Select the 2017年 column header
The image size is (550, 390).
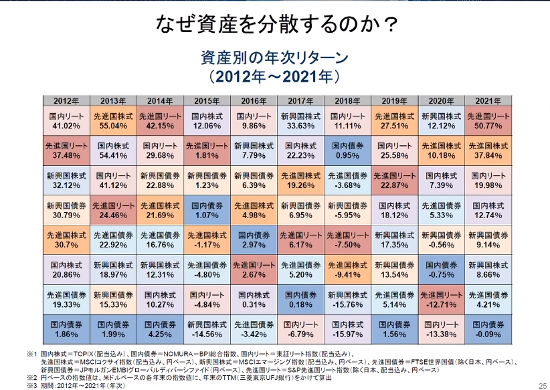[x=301, y=101]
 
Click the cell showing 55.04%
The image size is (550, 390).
[x=113, y=121]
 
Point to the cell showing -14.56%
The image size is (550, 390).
[x=207, y=329]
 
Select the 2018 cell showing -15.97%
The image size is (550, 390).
[x=348, y=329]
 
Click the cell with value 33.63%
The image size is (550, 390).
[x=301, y=121]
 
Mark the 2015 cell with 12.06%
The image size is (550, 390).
[x=207, y=121]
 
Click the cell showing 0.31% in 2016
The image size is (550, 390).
[x=254, y=299]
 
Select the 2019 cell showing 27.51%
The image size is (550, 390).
[x=395, y=121]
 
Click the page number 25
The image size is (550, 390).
[x=541, y=384]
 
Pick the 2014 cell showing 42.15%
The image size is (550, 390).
[x=160, y=121]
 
